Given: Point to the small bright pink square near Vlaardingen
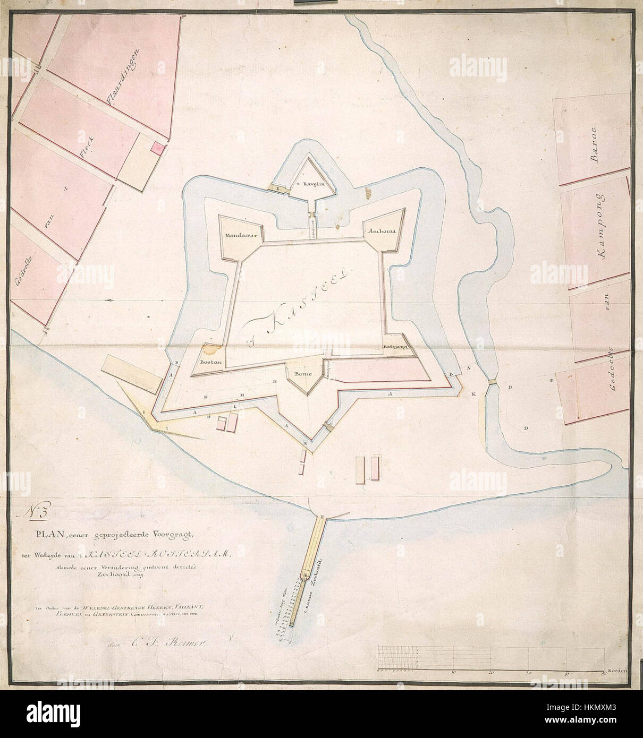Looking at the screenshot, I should (x=157, y=148).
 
